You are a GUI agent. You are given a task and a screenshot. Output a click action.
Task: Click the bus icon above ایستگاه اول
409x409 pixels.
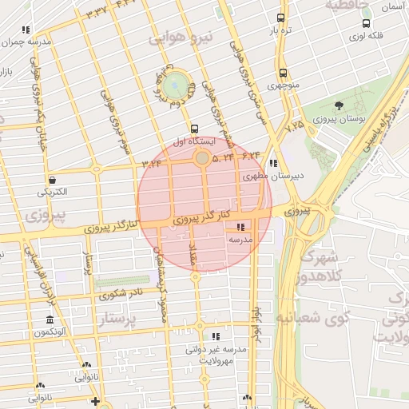[194, 128]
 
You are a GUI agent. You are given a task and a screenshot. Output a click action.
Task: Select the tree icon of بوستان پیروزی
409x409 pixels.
[339, 105]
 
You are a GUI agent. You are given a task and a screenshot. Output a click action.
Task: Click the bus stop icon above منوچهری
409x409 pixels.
[281, 72]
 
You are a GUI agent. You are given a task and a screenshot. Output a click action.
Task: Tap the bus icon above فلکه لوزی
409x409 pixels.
[366, 24]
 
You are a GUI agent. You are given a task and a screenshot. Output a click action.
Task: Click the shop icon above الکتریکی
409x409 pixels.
[52, 180]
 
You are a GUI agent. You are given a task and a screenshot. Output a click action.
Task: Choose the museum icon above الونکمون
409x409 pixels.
[50, 320]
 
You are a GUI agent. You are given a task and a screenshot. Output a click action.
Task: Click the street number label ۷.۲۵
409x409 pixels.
[293, 125]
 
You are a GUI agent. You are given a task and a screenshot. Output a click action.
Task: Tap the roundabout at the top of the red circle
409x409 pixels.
[201, 159]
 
